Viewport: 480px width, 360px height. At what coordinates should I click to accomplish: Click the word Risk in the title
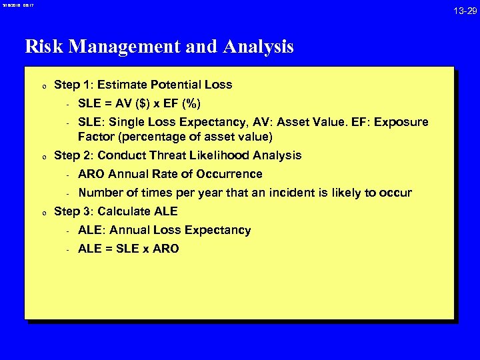pyautogui.click(x=44, y=47)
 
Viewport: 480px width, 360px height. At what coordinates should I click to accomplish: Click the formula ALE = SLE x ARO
pyautogui.click(x=128, y=249)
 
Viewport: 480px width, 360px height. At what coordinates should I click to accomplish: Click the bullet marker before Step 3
pyautogui.click(x=43, y=213)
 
